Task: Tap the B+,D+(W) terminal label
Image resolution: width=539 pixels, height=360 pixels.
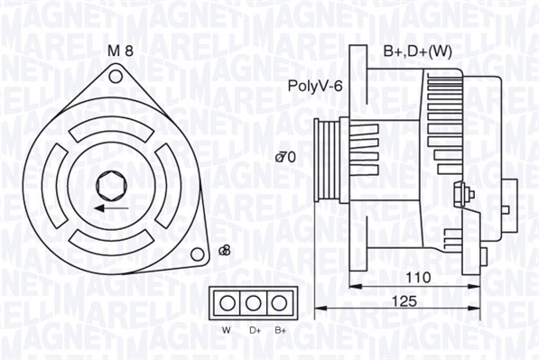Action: point(417,51)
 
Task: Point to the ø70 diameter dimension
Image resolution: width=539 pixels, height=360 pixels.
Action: point(286,158)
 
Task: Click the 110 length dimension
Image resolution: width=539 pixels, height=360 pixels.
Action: point(416,276)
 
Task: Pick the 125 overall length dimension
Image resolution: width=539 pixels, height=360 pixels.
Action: point(407,301)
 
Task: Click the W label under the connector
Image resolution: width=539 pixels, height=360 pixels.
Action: point(227,330)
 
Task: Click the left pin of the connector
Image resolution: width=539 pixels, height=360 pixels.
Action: point(228,301)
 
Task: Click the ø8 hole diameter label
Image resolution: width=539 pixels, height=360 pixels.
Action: point(225,250)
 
